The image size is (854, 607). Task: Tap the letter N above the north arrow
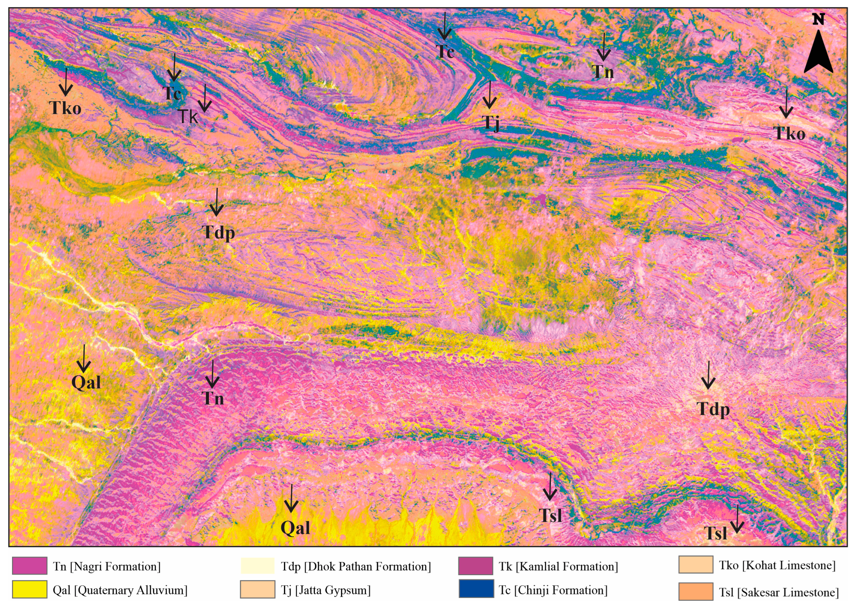[x=818, y=19]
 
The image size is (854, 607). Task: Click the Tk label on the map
[x=187, y=116]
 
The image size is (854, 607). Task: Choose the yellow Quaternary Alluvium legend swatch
[x=29, y=590]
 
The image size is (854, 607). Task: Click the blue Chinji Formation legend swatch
[x=476, y=589]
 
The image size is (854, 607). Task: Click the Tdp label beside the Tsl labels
[x=713, y=409]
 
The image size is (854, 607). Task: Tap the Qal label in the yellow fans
[x=295, y=528]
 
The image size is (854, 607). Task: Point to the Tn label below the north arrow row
[x=603, y=72]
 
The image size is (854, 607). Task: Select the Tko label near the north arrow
[x=789, y=134]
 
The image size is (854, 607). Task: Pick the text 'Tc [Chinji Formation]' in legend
[x=553, y=590]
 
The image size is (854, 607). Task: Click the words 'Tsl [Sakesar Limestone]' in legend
[x=779, y=592]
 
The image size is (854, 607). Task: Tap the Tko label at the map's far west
[x=65, y=108]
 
